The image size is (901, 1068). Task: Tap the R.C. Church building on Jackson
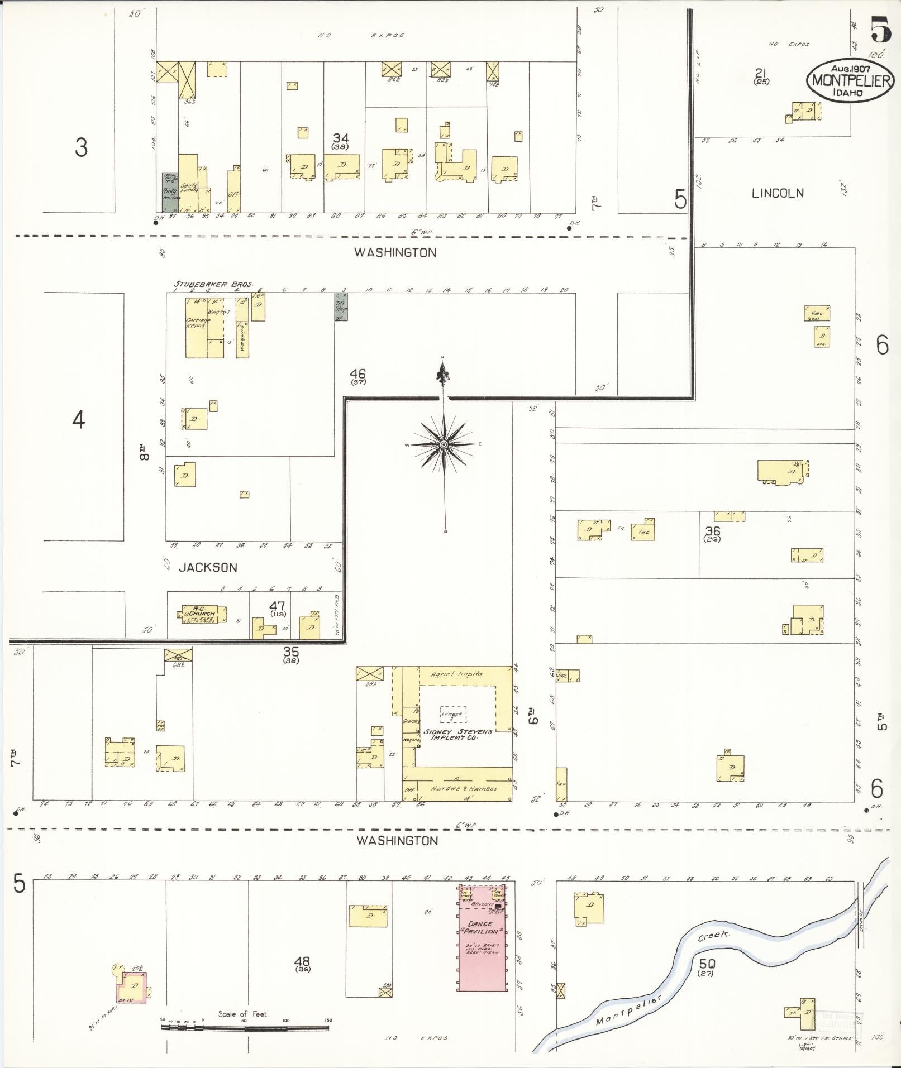pyautogui.click(x=203, y=614)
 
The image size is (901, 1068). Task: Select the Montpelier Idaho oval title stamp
pyautogui.click(x=850, y=80)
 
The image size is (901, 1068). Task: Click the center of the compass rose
pyautogui.click(x=444, y=444)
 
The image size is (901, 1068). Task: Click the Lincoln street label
pyautogui.click(x=778, y=194)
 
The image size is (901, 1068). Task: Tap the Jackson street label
pyautogui.click(x=208, y=567)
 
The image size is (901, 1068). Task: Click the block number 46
pyautogui.click(x=357, y=373)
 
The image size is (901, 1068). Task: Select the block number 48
pyautogui.click(x=302, y=961)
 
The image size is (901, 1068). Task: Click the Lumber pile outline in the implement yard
pyautogui.click(x=452, y=714)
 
